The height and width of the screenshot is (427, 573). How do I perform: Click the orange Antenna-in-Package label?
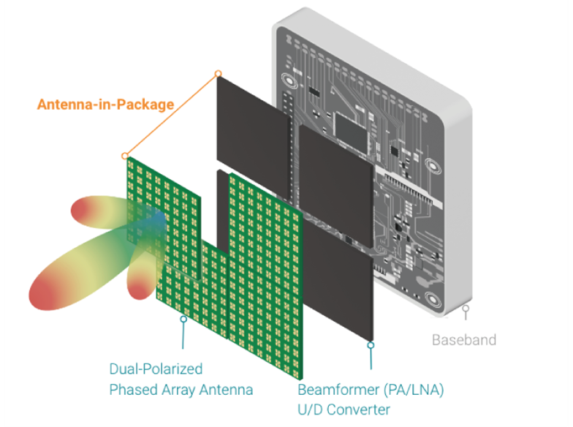pyautogui.click(x=105, y=105)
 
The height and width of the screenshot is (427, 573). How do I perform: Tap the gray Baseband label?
pyautogui.click(x=463, y=339)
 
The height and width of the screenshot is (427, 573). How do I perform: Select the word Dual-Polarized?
pyautogui.click(x=156, y=369)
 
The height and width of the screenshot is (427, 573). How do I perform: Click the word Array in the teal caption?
pyautogui.click(x=181, y=390)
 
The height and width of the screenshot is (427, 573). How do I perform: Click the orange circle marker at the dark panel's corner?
pyautogui.click(x=218, y=73)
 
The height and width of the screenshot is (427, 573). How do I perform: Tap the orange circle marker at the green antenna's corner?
pyautogui.click(x=126, y=156)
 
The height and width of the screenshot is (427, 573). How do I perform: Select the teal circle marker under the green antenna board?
pyautogui.click(x=183, y=319)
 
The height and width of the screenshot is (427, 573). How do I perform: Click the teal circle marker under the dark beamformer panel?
pyautogui.click(x=371, y=345)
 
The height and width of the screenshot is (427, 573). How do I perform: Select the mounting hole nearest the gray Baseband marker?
pyautogui.click(x=433, y=301)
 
